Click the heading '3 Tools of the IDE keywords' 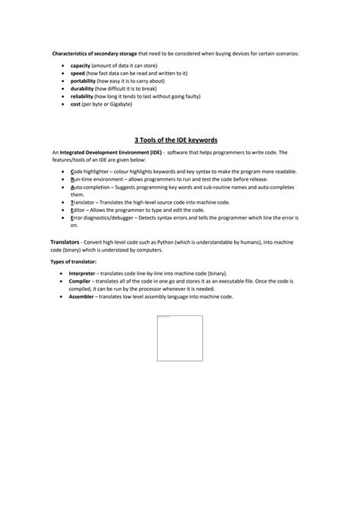pyautogui.click(x=175, y=141)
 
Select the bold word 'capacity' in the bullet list pyautogui.click(x=81, y=66)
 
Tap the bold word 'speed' pyautogui.click(x=77, y=73)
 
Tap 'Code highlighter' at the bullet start pyautogui.click(x=90, y=172)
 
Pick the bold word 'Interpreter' pyautogui.click(x=83, y=273)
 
